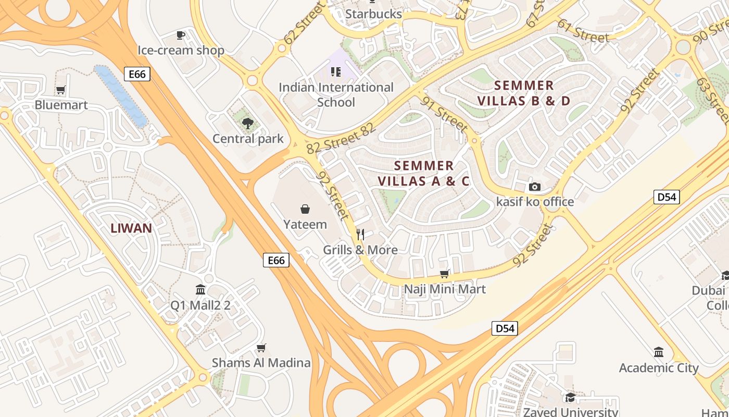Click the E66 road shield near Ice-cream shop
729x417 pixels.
(x=137, y=74)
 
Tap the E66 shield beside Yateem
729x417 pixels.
(x=276, y=260)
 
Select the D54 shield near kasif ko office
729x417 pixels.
(x=667, y=197)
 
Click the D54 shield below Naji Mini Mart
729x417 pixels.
(x=505, y=328)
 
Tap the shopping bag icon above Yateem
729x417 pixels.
(x=305, y=210)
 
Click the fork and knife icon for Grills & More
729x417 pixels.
(x=360, y=235)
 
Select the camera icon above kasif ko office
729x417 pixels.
(x=534, y=187)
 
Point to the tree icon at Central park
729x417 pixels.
(x=248, y=124)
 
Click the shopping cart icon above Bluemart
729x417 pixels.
(x=61, y=90)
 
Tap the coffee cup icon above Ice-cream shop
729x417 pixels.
(x=181, y=35)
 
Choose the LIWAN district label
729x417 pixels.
(x=131, y=228)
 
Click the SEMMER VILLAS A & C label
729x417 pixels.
(x=423, y=174)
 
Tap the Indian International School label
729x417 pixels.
(x=336, y=94)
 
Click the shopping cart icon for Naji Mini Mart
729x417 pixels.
(x=445, y=274)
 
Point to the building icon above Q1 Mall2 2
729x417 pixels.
(x=200, y=290)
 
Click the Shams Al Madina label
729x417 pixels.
(x=261, y=363)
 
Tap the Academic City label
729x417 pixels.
(x=659, y=367)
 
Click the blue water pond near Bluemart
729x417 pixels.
(x=121, y=96)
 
